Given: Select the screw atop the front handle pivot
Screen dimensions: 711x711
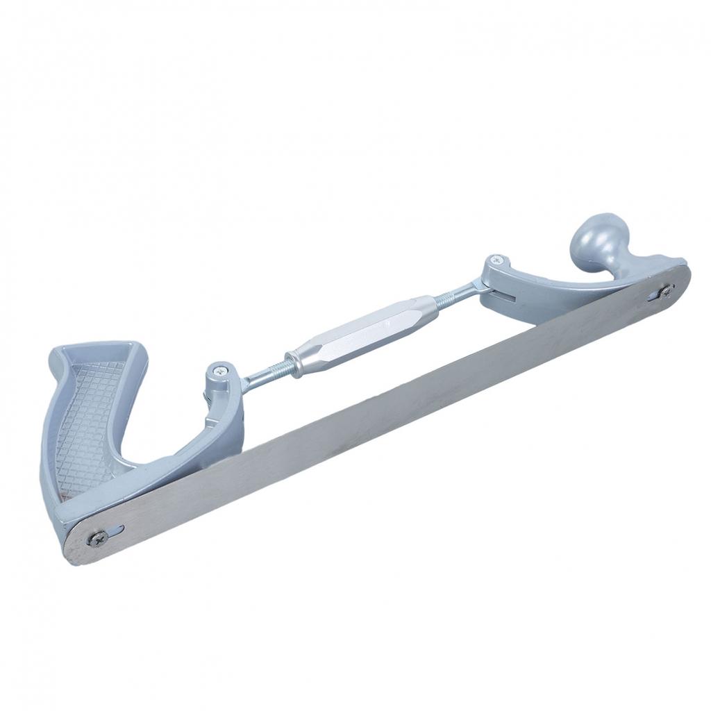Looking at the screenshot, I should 494,260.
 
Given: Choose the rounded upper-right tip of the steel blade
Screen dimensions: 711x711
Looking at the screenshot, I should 683,274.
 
